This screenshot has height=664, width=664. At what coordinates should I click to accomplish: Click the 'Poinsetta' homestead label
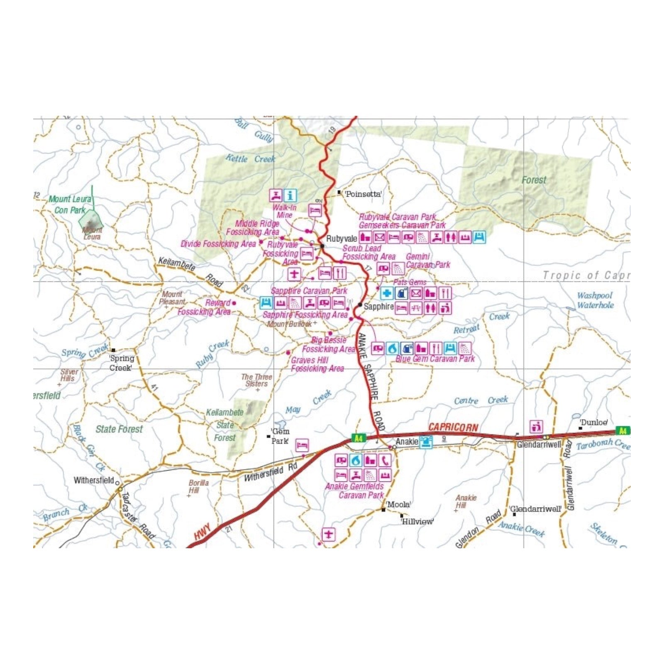(363, 194)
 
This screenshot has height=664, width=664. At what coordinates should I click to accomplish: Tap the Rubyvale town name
(342, 239)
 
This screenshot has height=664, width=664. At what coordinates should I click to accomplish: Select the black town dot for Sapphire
(360, 305)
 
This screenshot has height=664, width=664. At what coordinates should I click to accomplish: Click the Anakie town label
(407, 442)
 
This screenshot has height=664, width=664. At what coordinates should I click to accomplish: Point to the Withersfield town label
(94, 480)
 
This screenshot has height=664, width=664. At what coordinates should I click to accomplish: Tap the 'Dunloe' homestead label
(594, 422)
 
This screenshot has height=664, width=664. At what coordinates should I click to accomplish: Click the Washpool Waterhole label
(595, 300)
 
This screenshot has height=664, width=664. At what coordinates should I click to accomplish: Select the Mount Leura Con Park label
(70, 205)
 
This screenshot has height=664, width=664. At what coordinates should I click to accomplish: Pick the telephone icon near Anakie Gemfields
(385, 460)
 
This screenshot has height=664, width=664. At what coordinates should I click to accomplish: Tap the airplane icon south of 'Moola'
(329, 534)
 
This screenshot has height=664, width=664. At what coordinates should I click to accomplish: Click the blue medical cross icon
(387, 293)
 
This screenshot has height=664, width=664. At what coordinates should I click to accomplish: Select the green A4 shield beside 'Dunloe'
(622, 431)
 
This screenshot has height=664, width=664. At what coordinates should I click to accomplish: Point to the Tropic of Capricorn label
(586, 275)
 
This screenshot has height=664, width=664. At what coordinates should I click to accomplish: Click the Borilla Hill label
(198, 486)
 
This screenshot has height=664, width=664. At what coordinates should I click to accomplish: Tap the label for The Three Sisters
(256, 380)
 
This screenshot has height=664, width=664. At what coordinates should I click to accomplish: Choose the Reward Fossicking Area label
(204, 308)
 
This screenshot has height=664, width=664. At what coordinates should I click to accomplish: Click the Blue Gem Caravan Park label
(435, 359)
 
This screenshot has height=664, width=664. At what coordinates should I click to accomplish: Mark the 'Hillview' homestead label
(417, 522)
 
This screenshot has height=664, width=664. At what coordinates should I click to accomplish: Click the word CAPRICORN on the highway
(453, 427)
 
